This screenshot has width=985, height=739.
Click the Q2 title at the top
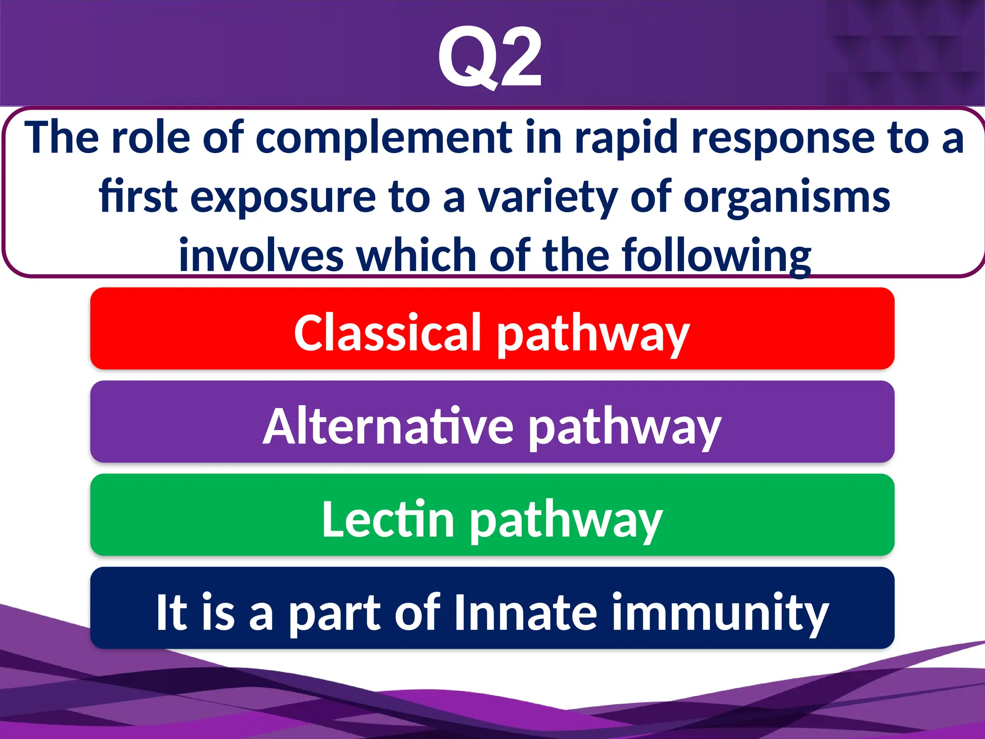click(491, 58)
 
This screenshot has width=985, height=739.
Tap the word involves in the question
click(261, 256)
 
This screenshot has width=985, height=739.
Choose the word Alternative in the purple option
click(389, 426)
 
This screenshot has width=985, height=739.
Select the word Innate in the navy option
click(525, 612)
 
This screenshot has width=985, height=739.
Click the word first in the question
click(139, 197)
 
